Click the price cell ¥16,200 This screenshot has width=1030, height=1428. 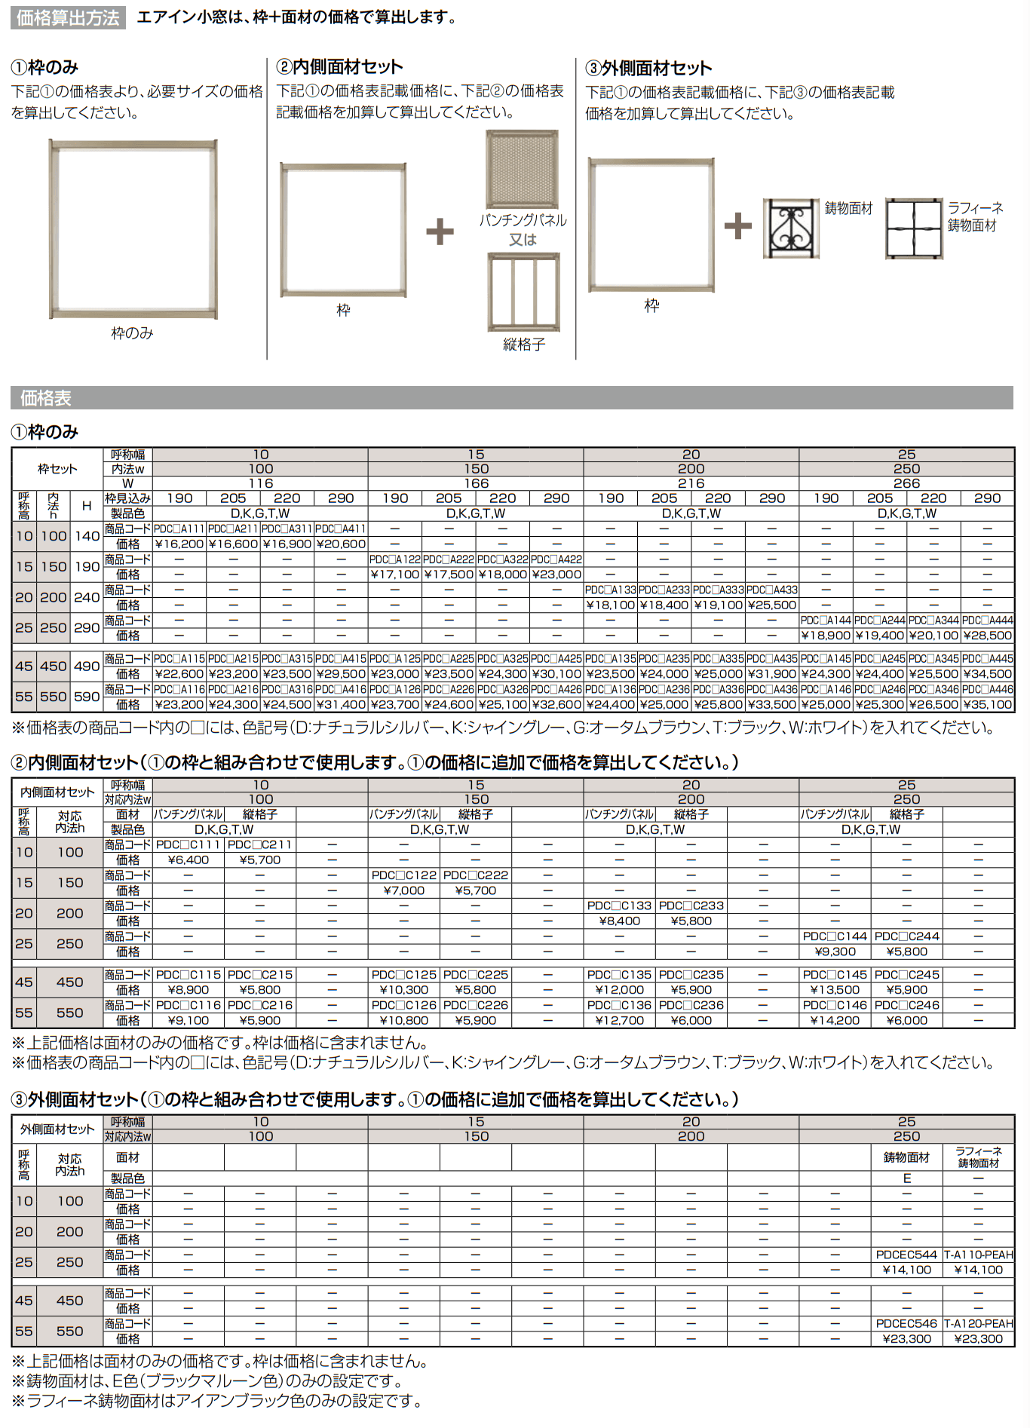179,544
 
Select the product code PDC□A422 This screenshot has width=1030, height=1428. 556,559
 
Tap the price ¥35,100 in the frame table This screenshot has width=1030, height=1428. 987,704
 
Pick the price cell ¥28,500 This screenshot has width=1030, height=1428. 987,636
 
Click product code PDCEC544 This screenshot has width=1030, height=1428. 906,1255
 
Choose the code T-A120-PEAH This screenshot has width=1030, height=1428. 979,1323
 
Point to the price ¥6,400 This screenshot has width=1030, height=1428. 188,860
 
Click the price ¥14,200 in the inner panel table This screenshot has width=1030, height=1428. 835,1020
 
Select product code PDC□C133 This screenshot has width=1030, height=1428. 619,906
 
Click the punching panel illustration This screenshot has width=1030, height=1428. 523,169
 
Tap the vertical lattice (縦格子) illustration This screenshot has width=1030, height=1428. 523,292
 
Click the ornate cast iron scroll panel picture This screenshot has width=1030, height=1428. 790,228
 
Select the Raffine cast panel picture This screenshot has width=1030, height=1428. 914,228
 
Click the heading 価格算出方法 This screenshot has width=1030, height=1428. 68,17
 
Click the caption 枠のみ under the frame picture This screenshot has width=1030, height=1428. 132,332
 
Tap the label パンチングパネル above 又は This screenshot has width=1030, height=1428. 523,220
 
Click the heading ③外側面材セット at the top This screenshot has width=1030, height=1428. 648,68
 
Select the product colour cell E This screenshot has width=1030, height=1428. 906,1178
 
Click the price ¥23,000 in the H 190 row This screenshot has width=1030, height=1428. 556,575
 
